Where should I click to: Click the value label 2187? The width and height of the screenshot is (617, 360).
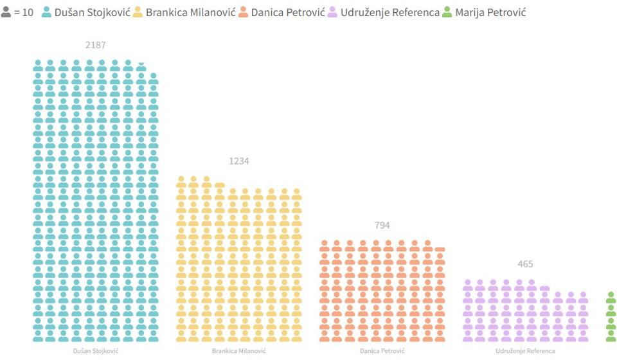pyautogui.click(x=95, y=45)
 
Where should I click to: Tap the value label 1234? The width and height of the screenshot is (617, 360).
pyautogui.click(x=238, y=161)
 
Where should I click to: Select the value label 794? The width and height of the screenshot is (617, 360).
pyautogui.click(x=382, y=225)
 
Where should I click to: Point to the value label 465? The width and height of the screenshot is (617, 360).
pyautogui.click(x=525, y=264)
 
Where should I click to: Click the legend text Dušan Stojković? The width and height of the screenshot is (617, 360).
pyautogui.click(x=92, y=12)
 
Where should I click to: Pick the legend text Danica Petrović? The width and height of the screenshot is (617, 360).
pyautogui.click(x=287, y=12)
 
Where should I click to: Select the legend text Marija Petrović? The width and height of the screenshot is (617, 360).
pyautogui.click(x=490, y=12)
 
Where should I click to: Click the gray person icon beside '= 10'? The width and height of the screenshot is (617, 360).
pyautogui.click(x=6, y=12)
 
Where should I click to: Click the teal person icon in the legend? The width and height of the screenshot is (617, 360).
pyautogui.click(x=46, y=12)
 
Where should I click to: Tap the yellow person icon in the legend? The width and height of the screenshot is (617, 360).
pyautogui.click(x=138, y=12)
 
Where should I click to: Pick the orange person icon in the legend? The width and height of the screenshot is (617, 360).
pyautogui.click(x=244, y=12)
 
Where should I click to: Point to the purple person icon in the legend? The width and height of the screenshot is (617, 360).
pyautogui.click(x=333, y=12)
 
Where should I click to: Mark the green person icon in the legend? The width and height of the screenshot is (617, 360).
pyautogui.click(x=447, y=12)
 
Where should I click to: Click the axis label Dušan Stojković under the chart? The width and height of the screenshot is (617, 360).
pyautogui.click(x=95, y=351)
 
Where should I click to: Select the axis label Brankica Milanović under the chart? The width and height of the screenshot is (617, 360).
pyautogui.click(x=238, y=351)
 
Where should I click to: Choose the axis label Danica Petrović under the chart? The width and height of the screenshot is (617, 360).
pyautogui.click(x=382, y=351)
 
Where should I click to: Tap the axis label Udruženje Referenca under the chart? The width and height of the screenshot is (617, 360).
pyautogui.click(x=525, y=351)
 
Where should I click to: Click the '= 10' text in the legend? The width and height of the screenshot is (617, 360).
pyautogui.click(x=24, y=12)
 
